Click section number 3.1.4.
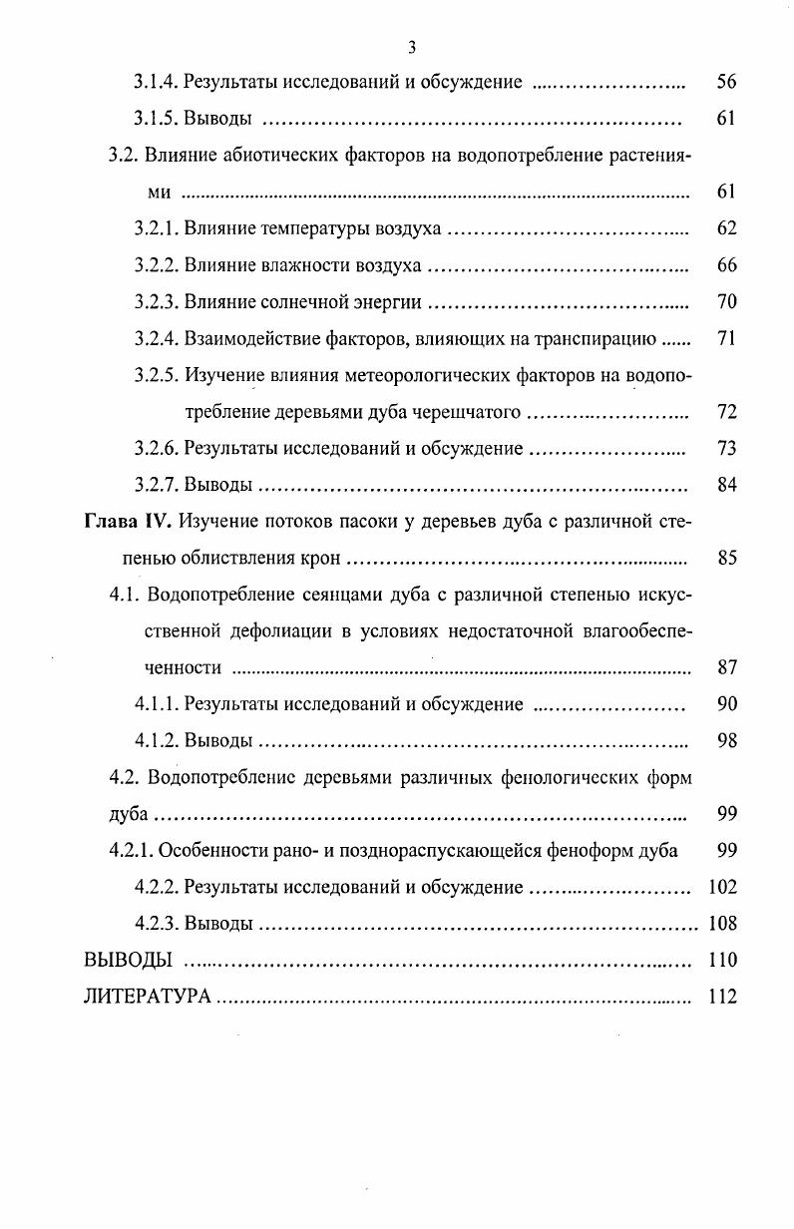point(157,83)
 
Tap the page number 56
point(726,83)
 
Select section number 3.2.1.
point(157,229)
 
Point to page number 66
point(726,266)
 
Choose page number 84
point(726,486)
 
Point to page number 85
point(726,559)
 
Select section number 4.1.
point(124,596)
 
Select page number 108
point(721,924)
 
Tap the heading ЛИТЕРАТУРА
point(146,997)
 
